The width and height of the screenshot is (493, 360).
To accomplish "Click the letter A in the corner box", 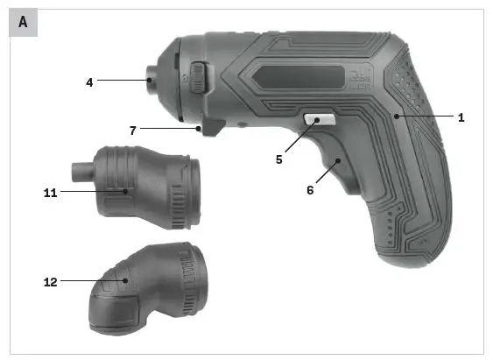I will (24, 24).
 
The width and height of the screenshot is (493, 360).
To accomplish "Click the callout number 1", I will (461, 116).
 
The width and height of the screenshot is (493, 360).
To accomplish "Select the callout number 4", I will (89, 81).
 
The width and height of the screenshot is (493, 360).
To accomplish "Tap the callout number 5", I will (279, 159).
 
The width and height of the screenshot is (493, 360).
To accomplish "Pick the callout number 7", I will (132, 129).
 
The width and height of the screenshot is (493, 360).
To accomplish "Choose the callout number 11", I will (51, 191).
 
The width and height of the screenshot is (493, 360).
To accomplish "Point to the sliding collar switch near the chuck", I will (199, 78).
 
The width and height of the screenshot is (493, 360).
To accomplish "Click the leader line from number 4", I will (121, 81).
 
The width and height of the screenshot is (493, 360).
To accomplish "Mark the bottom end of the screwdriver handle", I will (412, 258).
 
